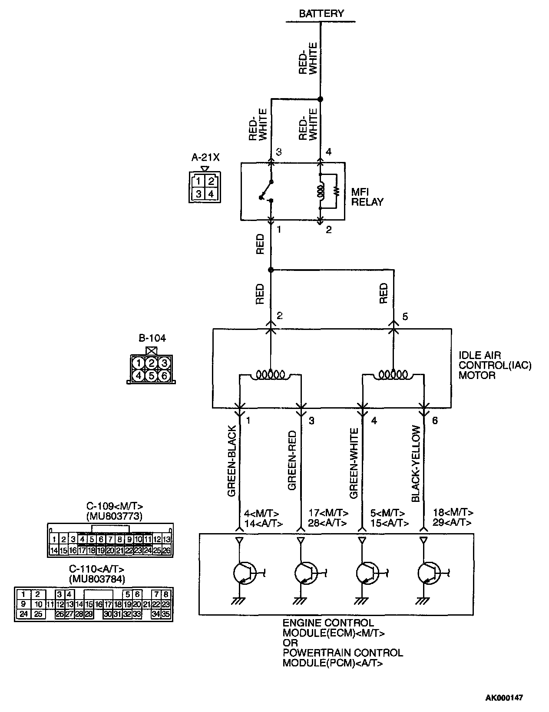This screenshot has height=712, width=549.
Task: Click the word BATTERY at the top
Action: (321, 13)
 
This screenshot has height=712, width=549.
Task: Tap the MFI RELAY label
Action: (367, 197)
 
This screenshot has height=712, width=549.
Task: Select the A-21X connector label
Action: (205, 157)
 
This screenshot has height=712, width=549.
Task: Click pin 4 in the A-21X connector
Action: (211, 194)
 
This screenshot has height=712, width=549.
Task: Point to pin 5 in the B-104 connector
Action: (151, 375)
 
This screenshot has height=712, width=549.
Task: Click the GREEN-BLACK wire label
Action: (232, 461)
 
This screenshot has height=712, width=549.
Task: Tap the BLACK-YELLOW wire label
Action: (416, 464)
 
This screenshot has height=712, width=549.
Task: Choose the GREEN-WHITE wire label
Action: (354, 463)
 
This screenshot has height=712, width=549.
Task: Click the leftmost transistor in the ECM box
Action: (245, 573)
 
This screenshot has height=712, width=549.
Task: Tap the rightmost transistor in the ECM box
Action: (429, 573)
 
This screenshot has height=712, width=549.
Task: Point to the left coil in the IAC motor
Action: (270, 374)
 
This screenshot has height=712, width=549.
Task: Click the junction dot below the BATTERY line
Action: (321, 99)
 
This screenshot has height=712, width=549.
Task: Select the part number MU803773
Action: (115, 516)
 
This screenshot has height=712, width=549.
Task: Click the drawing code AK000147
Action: (504, 698)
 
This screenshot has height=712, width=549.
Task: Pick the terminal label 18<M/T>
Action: (453, 513)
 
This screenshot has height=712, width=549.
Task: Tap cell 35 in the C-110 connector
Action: (166, 614)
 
